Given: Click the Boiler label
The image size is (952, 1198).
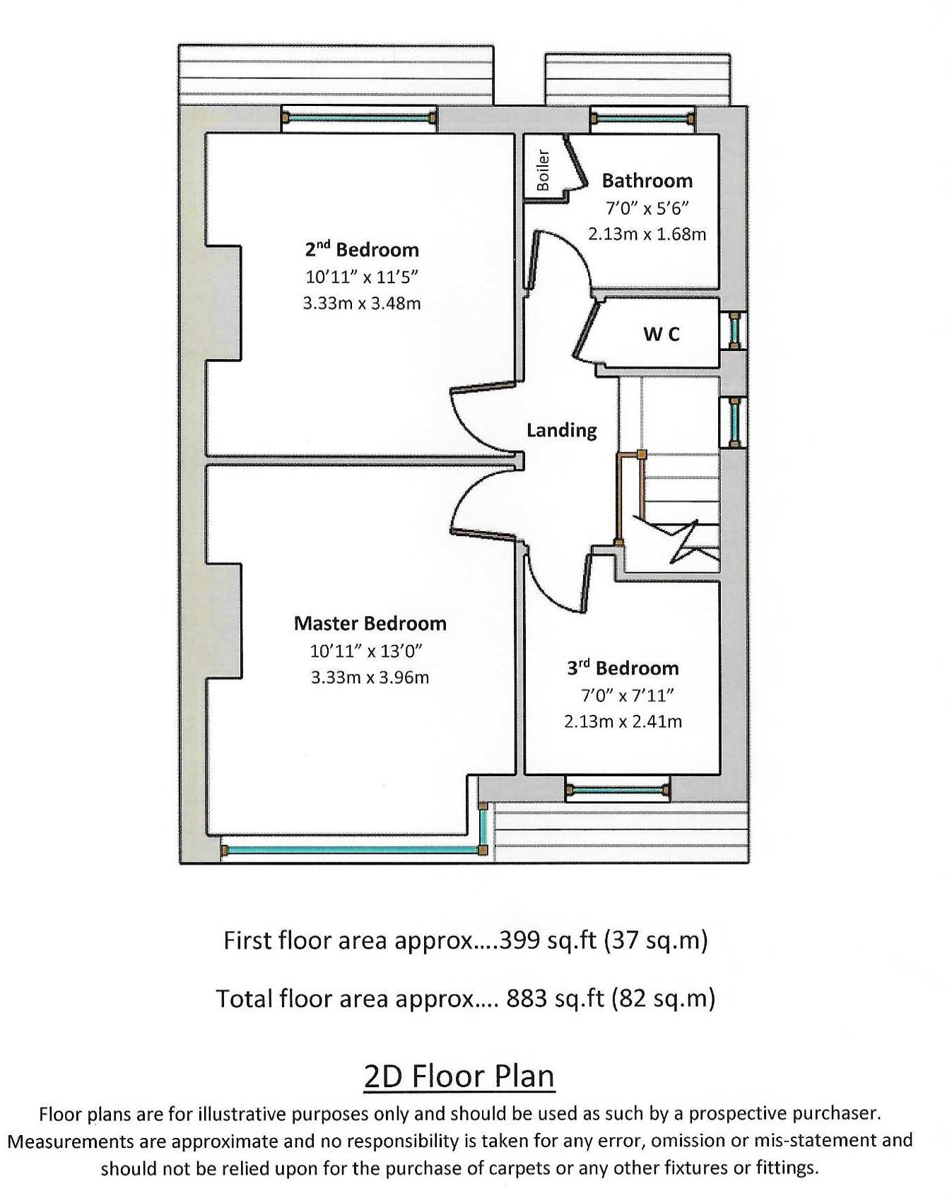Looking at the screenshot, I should (x=543, y=170).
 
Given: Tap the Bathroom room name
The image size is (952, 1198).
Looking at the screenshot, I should (x=647, y=181).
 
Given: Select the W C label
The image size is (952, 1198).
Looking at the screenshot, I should (x=662, y=334).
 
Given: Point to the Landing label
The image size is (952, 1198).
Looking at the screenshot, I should (x=561, y=430).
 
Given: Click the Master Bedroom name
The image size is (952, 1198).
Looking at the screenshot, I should (x=370, y=624).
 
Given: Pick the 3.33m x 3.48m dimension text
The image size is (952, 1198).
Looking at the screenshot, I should (x=361, y=304).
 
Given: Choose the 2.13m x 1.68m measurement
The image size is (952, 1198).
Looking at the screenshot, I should (x=647, y=234).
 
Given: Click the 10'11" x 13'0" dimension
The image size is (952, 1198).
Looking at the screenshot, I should (x=366, y=651).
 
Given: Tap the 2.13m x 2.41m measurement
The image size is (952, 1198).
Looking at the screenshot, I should (x=623, y=722).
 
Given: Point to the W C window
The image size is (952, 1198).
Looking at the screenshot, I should (x=736, y=330).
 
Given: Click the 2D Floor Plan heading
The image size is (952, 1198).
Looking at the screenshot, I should (x=459, y=1076).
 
